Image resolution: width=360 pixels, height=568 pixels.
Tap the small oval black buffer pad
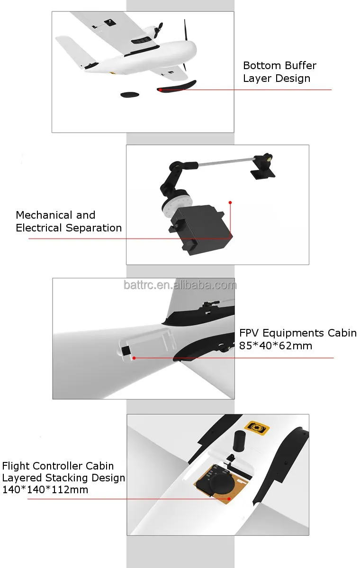[x=130, y=95]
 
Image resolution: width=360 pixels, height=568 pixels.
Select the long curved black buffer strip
[x=177, y=86]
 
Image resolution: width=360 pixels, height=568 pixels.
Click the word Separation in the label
[x=94, y=228]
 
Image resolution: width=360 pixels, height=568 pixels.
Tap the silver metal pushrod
[x=226, y=162]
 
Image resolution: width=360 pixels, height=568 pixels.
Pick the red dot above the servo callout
[x=230, y=203]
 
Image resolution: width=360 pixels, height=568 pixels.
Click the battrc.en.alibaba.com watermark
[x=180, y=285]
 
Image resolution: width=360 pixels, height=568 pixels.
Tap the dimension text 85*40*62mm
[x=276, y=346]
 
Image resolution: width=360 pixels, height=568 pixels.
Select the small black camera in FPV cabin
[x=126, y=351]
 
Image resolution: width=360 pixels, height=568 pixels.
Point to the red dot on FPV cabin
[x=134, y=358]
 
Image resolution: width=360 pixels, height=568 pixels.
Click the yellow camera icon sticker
[x=257, y=428]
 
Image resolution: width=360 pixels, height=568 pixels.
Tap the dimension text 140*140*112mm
[x=45, y=489]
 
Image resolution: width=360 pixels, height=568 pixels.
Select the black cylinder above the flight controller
[x=239, y=441]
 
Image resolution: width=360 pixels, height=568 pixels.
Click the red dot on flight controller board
[x=229, y=499]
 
